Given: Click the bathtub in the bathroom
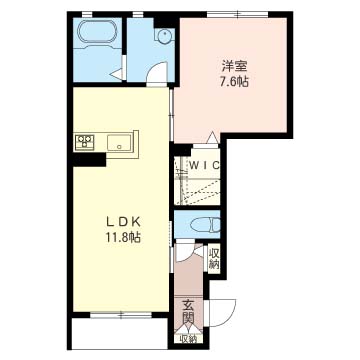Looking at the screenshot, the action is point(97,32).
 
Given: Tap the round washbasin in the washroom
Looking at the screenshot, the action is point(164,35).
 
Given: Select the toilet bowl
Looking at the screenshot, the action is point(205,224).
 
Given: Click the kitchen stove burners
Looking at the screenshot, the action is point(85,141).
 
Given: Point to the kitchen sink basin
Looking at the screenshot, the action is point(120,143).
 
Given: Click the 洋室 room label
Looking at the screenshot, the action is point(234,66).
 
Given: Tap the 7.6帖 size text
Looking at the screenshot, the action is point(234,81).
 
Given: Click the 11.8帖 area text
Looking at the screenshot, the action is point(123,237).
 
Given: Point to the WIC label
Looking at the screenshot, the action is point(205,165).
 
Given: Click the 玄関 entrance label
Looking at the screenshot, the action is point(188,312).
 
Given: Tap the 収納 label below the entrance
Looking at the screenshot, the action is point(188,339).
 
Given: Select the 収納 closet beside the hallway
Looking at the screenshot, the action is point(214,259).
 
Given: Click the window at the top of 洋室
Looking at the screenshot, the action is point(237,14).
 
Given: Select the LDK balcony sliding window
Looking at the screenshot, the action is point(121,314).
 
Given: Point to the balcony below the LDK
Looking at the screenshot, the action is point(120,333).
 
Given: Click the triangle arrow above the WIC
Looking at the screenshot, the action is point(212,137).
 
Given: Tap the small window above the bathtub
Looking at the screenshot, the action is point(87,14).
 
